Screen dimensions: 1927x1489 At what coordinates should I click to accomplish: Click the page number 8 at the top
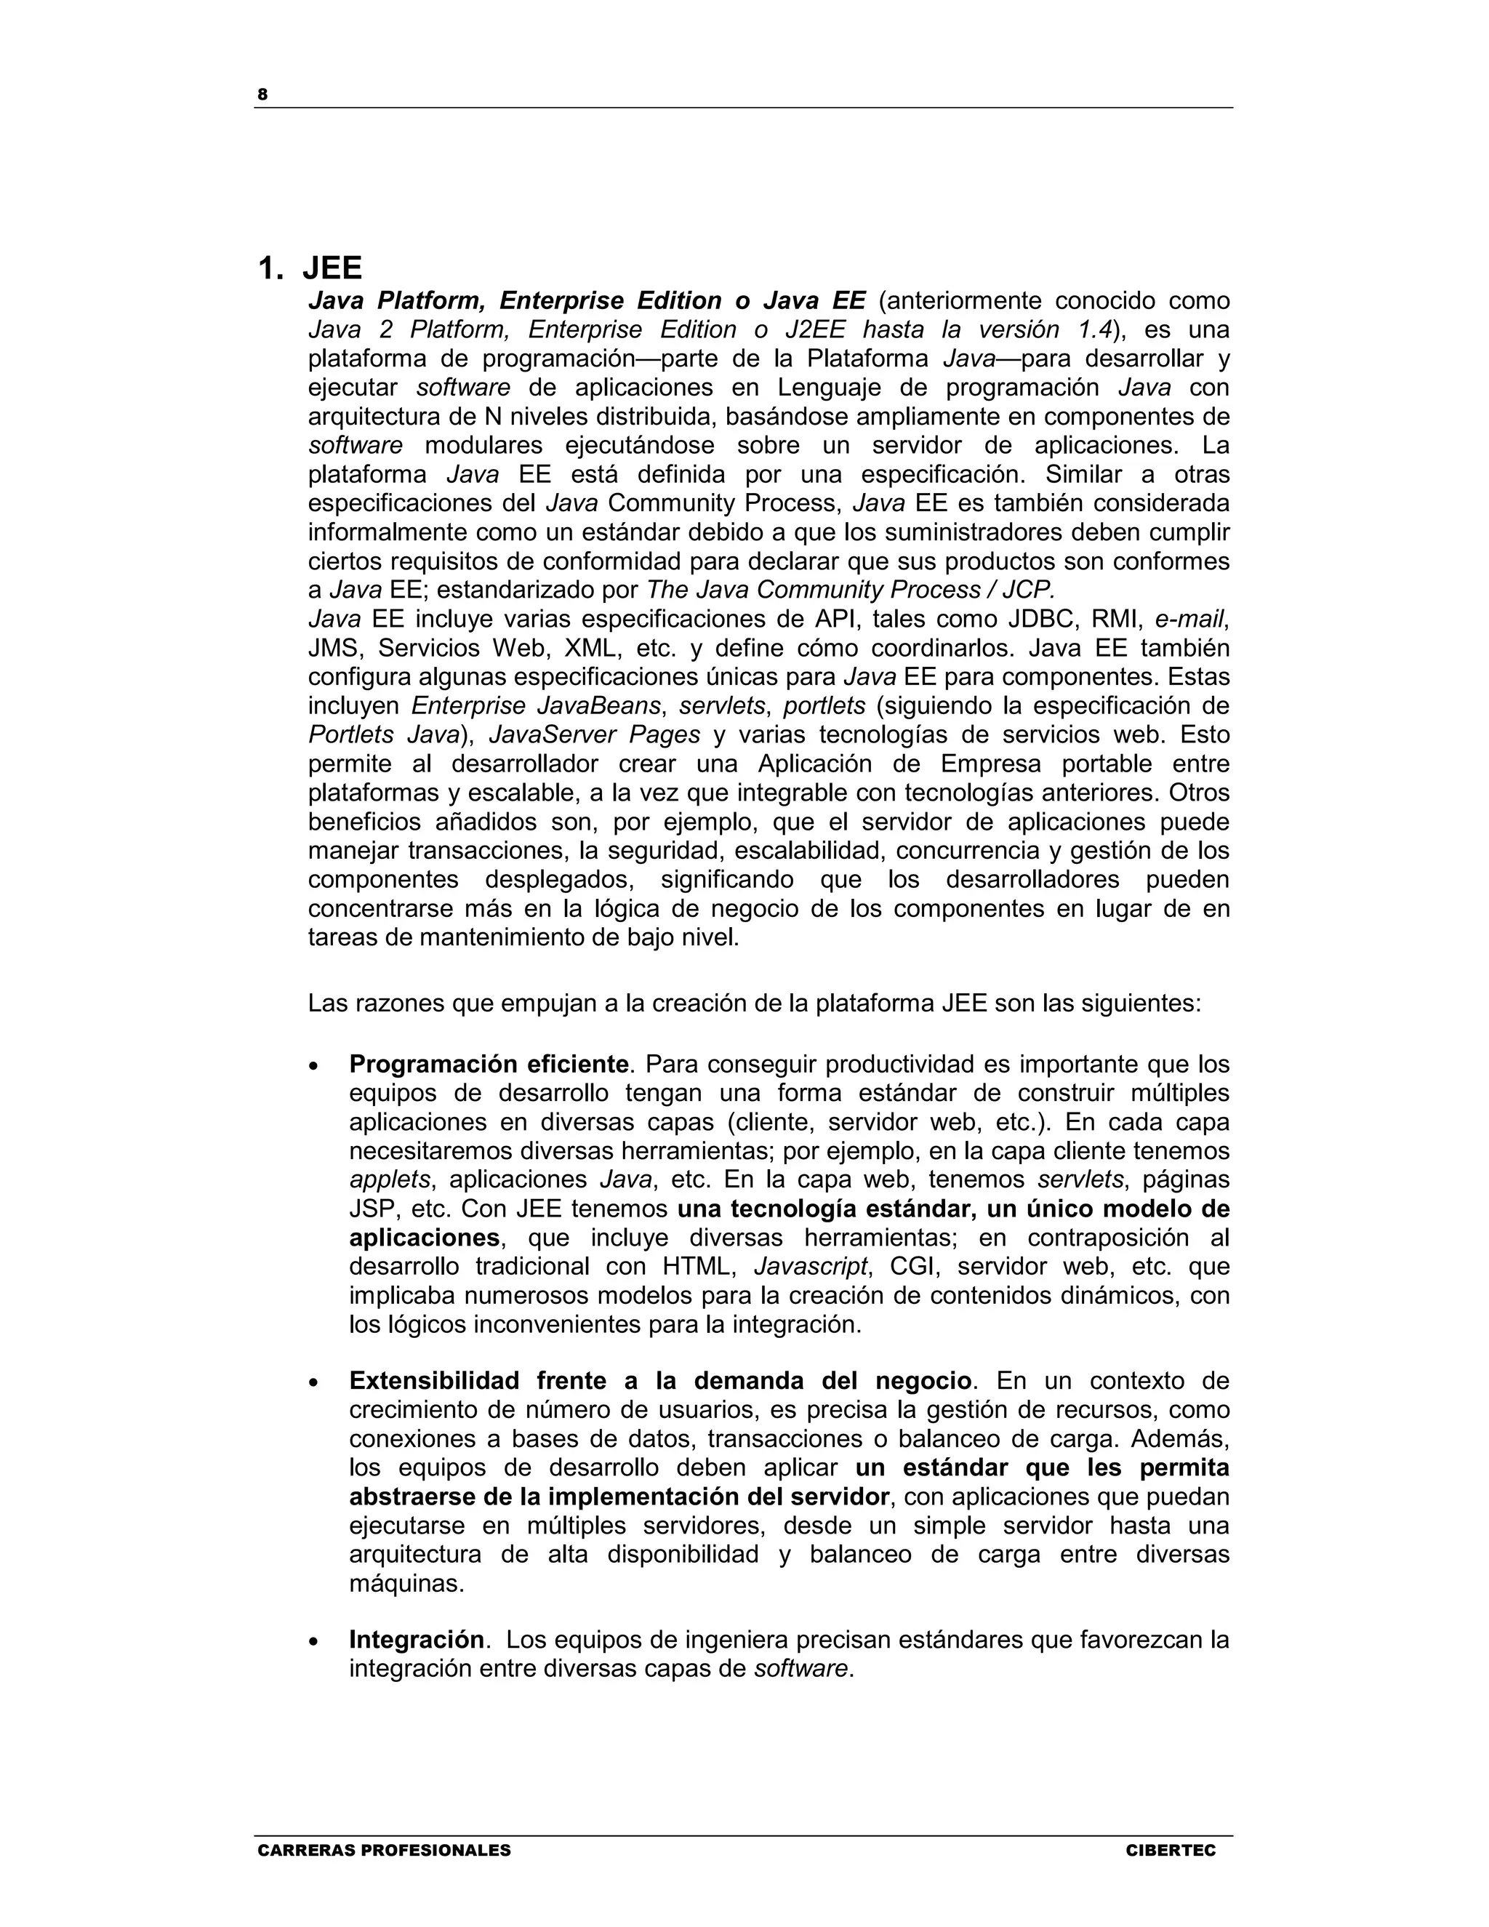[262, 95]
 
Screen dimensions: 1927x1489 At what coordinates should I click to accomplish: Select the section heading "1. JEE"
[310, 268]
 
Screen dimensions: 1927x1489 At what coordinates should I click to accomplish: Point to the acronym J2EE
[815, 330]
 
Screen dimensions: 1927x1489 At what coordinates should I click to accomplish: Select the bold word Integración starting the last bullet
[417, 1640]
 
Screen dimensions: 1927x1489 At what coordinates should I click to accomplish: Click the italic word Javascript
[811, 1267]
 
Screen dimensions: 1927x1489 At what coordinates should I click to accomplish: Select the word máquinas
[405, 1584]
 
